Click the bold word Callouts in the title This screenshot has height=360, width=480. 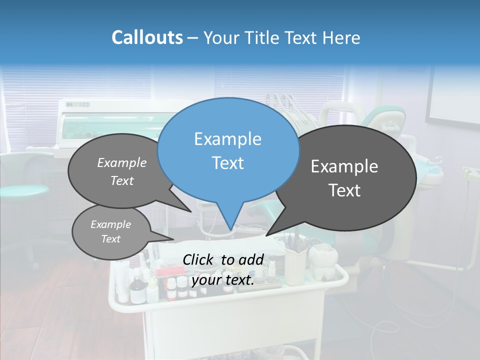[x=147, y=37]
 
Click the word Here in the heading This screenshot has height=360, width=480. [x=340, y=38]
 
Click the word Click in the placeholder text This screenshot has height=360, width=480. [x=199, y=259]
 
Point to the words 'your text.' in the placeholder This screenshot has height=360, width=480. [x=222, y=280]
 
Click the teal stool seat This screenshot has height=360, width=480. [x=22, y=191]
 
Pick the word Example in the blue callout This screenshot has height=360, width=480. [x=227, y=139]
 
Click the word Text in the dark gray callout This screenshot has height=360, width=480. [x=345, y=190]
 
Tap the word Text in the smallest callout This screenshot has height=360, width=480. [x=111, y=239]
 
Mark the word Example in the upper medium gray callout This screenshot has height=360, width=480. [x=122, y=163]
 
